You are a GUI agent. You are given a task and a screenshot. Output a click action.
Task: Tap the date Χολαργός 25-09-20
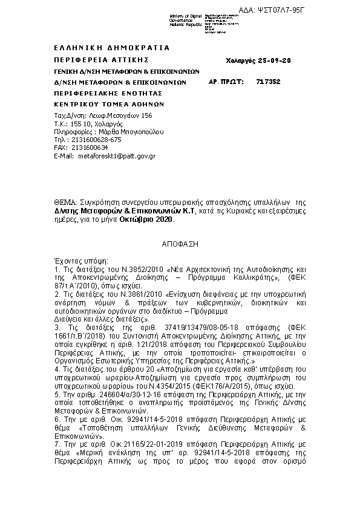250,61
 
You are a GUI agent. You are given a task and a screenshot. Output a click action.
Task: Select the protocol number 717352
268,82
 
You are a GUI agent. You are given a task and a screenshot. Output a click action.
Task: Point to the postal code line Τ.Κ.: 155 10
72,123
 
